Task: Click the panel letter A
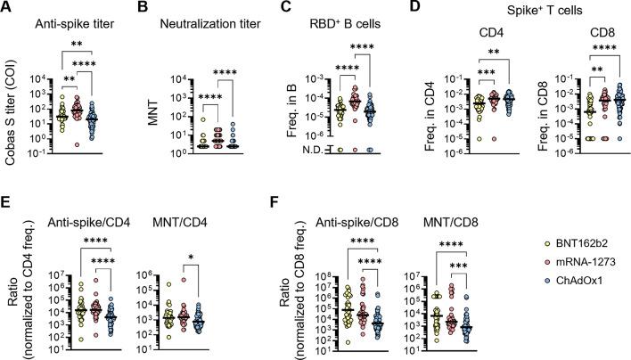(7, 8)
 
